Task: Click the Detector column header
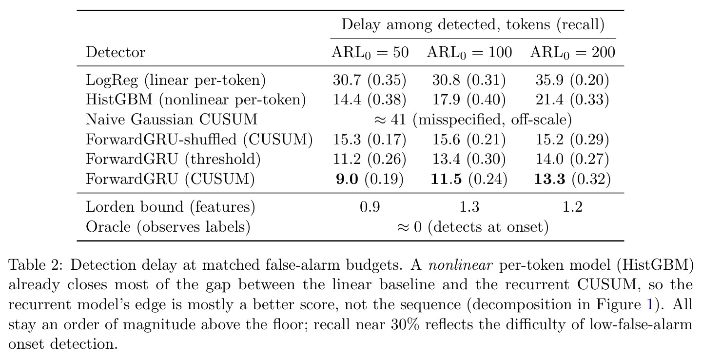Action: tap(116, 52)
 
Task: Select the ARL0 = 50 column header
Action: tap(370, 53)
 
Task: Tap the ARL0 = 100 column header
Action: tap(469, 53)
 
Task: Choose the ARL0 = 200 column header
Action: tap(572, 53)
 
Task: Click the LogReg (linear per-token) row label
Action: tap(175, 80)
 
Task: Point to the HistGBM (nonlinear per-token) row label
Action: tap(195, 100)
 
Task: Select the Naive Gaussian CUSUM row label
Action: tap(172, 120)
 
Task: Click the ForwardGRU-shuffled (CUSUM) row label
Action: tap(199, 140)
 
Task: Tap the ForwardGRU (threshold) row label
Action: tap(173, 160)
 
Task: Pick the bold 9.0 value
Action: tap(347, 179)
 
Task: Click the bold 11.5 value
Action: tap(446, 179)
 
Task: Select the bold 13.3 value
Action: tap(550, 179)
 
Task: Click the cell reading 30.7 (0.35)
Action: tap(370, 80)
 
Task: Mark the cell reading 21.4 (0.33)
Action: tap(572, 100)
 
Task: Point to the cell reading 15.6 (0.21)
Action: tap(469, 140)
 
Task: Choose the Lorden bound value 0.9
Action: tap(370, 207)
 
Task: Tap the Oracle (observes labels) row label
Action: tap(168, 227)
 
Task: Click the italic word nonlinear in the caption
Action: tap(460, 265)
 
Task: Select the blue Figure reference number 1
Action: tap(650, 305)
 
